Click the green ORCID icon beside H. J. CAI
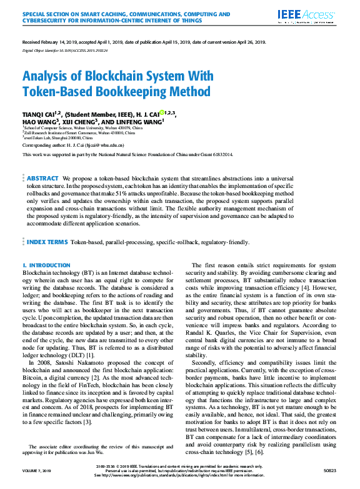click(x=162, y=113)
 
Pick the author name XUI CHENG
click(x=87, y=122)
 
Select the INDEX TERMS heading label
click(x=47, y=241)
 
